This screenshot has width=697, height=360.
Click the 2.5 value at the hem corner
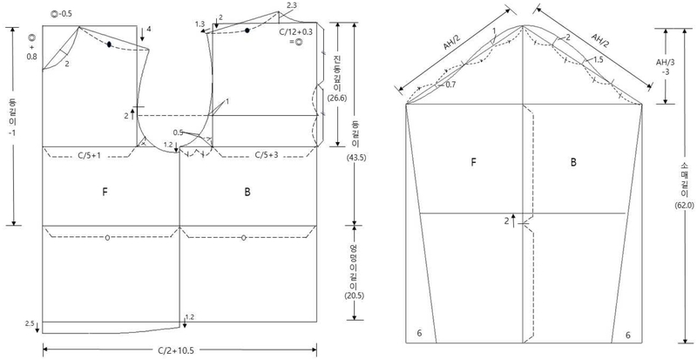[x=30, y=323]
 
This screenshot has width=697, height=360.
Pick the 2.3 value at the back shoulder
[x=290, y=6]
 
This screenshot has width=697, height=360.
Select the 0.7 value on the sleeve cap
[x=449, y=85]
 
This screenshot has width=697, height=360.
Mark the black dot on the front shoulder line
[x=108, y=44]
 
